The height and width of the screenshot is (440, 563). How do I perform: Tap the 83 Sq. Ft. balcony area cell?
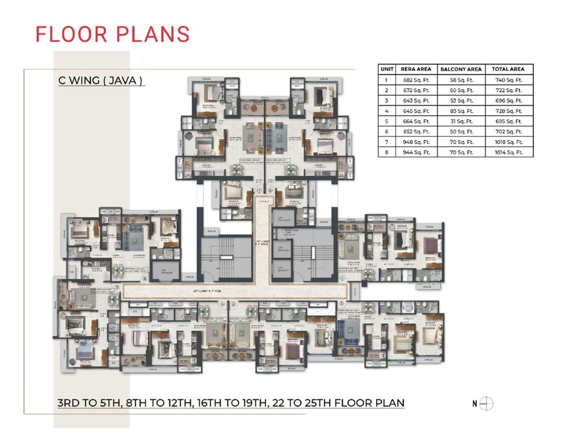pyautogui.click(x=461, y=111)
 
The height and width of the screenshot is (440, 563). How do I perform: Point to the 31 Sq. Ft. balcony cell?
pyautogui.click(x=461, y=121)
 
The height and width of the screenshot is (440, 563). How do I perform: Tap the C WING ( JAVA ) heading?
pyautogui.click(x=101, y=80)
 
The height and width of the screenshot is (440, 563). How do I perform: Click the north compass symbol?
pyautogui.click(x=487, y=403)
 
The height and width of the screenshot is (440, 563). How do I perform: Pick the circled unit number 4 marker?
pyautogui.click(x=223, y=303)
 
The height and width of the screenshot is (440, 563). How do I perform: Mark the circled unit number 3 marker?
pyautogui.click(x=233, y=303)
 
